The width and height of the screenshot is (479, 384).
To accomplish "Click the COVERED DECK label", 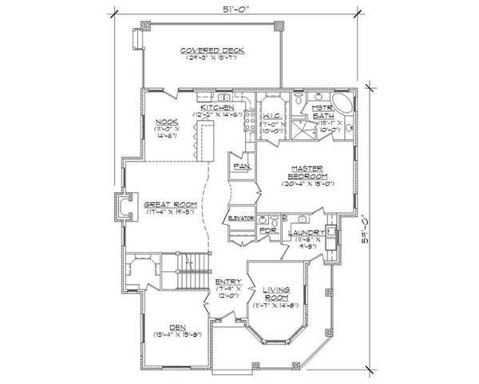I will click(x=212, y=50).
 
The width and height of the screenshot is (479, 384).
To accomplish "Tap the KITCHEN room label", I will click(x=216, y=106).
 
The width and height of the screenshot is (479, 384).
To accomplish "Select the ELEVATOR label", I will click(x=240, y=218).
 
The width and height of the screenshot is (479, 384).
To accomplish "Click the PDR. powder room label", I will click(x=269, y=230).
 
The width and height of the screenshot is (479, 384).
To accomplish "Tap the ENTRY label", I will click(x=224, y=282).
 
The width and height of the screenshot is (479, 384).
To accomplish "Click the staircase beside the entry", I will click(x=192, y=277).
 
